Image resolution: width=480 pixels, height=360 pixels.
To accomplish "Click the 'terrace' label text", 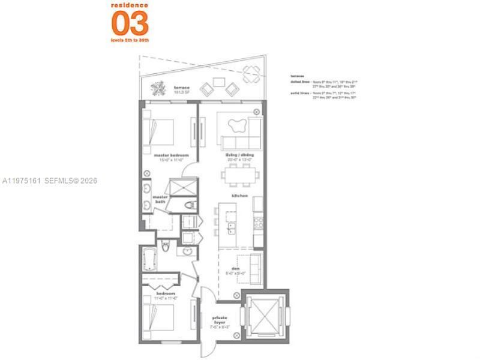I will point(179,86).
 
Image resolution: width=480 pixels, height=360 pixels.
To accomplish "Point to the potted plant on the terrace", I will point(157,89).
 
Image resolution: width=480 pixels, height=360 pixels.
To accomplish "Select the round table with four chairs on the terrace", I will point(251,76).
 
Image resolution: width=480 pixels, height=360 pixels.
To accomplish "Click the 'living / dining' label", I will point(239,155).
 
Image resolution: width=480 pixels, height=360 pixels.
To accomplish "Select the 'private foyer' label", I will point(218,322).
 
